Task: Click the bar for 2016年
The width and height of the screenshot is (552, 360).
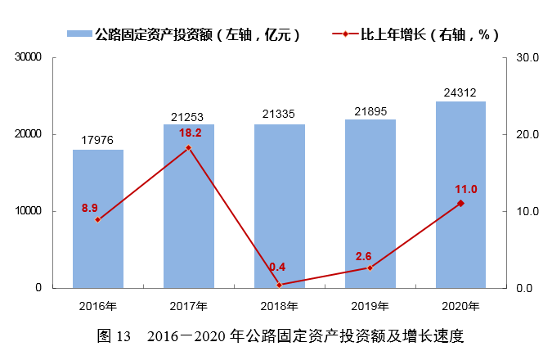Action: tap(98, 218)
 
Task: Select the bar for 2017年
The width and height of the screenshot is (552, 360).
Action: tap(188, 206)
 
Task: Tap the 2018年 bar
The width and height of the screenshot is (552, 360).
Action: tap(279, 206)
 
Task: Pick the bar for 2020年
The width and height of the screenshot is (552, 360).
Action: tap(460, 195)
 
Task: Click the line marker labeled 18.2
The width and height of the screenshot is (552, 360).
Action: tap(188, 148)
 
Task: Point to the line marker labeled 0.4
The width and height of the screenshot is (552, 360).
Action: tap(279, 285)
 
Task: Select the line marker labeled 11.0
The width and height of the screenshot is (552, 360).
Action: tap(460, 203)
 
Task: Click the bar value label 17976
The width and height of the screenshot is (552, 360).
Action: tap(97, 140)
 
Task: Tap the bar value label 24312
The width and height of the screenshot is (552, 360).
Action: tap(460, 92)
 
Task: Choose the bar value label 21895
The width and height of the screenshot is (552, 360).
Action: tap(370, 110)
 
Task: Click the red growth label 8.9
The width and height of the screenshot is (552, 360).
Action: tap(89, 208)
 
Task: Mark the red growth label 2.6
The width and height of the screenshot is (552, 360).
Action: tap(363, 256)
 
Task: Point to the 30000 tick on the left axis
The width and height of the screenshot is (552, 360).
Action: tap(28, 58)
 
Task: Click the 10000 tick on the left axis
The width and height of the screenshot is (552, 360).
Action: tap(28, 211)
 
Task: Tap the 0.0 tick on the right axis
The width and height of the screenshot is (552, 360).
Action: tap(524, 288)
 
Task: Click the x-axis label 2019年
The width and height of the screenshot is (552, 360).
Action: tap(370, 306)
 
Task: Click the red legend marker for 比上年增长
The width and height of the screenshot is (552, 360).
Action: tap(344, 34)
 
